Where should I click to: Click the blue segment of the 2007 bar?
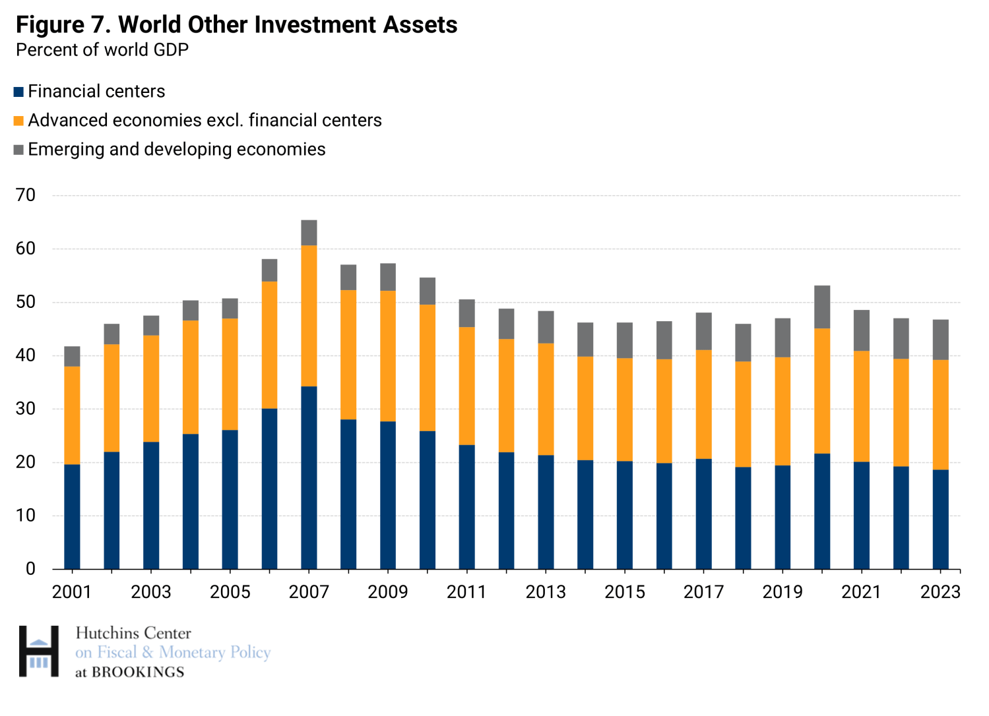[x=309, y=477]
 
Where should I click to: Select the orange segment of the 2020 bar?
[x=822, y=391]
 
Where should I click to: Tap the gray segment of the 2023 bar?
[x=940, y=340]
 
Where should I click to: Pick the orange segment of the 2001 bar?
[x=72, y=415]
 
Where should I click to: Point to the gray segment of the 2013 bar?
[x=546, y=327]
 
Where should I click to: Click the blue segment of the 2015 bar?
[x=625, y=515]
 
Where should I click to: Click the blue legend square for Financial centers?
[x=18, y=92]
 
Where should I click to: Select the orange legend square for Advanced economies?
[x=18, y=121]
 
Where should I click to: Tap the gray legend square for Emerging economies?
[x=18, y=150]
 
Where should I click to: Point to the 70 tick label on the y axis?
[x=26, y=195]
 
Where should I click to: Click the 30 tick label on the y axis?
[x=26, y=409]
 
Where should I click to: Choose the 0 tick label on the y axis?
[x=30, y=569]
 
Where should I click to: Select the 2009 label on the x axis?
[x=388, y=591]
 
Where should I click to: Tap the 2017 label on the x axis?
[x=703, y=591]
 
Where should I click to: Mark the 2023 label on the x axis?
[x=940, y=591]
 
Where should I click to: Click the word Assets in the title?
[x=417, y=25]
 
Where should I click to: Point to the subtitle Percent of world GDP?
[x=102, y=50]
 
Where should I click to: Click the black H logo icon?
[x=38, y=651]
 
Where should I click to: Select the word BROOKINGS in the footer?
[x=138, y=672]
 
